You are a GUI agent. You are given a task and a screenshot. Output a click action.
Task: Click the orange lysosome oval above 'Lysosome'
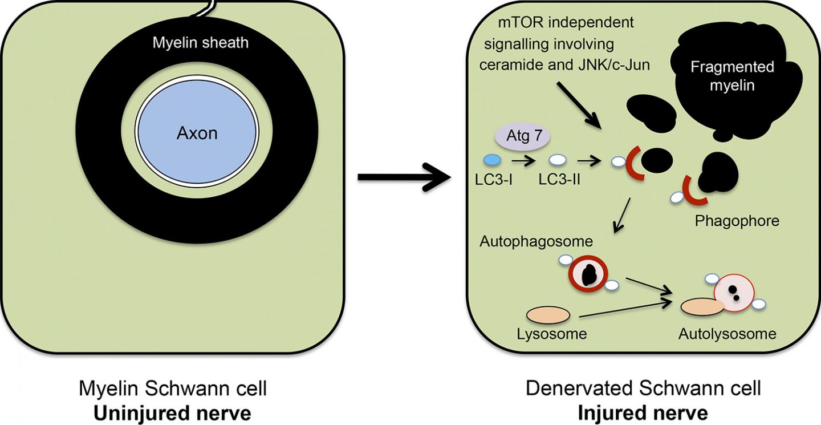click(x=548, y=314)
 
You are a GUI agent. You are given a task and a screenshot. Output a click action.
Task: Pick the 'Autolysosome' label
click(x=727, y=334)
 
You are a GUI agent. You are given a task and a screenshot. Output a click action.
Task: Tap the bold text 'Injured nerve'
click(x=643, y=412)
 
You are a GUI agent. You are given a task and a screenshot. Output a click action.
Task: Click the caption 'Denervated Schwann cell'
click(x=643, y=389)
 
